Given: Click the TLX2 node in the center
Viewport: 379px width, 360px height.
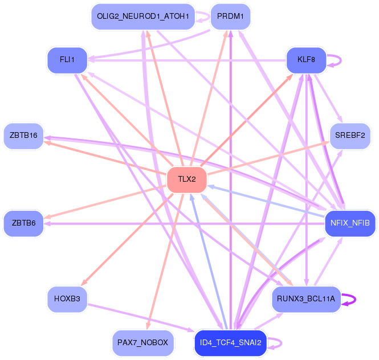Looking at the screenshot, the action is point(187,179).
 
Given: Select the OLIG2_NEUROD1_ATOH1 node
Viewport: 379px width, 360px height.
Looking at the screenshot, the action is point(143,17).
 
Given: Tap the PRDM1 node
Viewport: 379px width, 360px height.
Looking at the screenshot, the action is point(230,17).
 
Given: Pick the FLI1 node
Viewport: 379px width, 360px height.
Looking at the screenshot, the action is point(67,60).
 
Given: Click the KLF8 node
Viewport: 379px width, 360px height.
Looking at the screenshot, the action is point(306,60).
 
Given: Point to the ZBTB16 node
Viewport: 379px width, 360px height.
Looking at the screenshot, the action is point(23,136).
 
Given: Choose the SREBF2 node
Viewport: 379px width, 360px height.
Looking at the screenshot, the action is point(350,136).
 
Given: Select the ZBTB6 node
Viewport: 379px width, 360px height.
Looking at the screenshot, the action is point(23,223).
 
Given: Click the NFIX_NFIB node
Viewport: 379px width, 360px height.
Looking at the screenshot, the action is point(350,223).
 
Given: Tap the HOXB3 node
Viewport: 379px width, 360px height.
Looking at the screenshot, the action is point(67,299).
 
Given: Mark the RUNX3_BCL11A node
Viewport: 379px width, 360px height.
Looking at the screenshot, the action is point(306,299).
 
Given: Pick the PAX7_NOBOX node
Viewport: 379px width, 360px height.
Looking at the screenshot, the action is point(143,343).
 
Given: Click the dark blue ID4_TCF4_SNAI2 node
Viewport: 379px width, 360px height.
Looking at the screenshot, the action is point(230,343).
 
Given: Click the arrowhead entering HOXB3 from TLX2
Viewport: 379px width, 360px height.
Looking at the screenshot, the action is point(84,283).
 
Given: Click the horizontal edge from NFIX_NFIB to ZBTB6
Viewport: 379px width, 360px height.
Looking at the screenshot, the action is point(184,224).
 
